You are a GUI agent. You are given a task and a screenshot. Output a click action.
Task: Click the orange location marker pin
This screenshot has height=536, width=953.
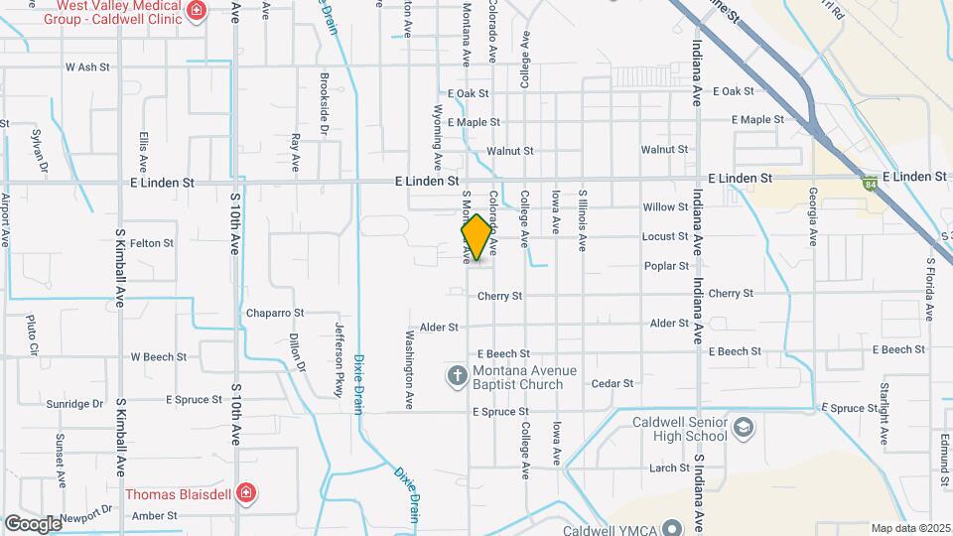point(476,238)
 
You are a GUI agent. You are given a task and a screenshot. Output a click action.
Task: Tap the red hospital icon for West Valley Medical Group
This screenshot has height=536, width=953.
point(197,12)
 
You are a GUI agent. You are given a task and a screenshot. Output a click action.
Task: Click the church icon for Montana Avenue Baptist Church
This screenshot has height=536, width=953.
point(457,376)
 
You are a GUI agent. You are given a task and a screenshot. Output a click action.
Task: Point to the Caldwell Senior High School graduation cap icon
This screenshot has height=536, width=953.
point(744,429)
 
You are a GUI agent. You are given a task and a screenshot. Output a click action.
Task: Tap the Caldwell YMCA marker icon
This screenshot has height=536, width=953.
point(673,527)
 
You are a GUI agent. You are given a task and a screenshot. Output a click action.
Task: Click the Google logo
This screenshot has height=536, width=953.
point(33,523)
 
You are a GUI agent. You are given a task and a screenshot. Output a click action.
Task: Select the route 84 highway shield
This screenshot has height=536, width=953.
point(870,184)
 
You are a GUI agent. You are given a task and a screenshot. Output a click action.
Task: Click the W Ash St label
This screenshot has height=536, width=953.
point(86,67)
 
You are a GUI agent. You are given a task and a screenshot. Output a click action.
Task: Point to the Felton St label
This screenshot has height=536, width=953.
point(152,242)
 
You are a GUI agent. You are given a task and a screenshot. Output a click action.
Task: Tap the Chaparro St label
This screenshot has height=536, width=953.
point(275,313)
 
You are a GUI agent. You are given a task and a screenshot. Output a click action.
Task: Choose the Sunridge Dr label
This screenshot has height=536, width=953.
point(74,404)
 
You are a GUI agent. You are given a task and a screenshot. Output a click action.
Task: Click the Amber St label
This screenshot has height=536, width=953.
point(154,515)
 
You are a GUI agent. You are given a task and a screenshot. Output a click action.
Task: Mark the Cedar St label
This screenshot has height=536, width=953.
point(612,383)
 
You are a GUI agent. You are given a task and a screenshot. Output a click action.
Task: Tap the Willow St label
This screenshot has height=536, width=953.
point(665,207)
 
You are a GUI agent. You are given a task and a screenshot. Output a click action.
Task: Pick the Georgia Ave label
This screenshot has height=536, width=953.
point(812,217)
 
